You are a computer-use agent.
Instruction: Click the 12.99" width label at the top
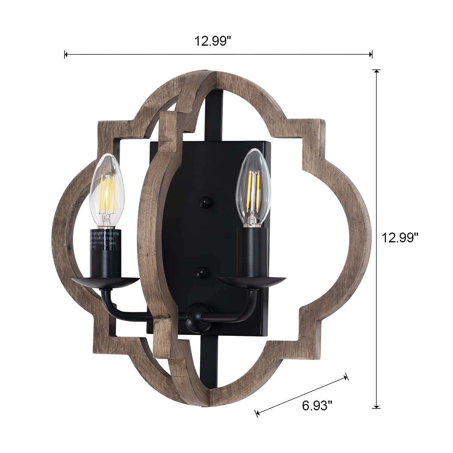[x=213, y=40]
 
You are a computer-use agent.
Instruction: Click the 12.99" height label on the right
[x=401, y=238]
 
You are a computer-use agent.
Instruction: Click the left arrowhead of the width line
[x=66, y=55]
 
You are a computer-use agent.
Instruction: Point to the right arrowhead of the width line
[x=371, y=55]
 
